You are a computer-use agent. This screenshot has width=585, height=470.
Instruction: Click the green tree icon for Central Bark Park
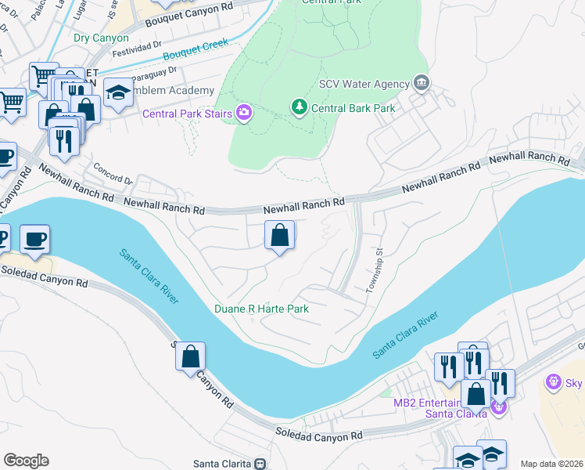pyautogui.click(x=298, y=107)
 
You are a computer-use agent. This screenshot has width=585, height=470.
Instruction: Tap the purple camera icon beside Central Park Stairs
pyautogui.click(x=244, y=114)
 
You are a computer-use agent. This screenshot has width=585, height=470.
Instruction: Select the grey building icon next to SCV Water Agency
pyautogui.click(x=422, y=83)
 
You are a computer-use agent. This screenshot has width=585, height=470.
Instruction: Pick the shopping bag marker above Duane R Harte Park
pyautogui.click(x=279, y=235)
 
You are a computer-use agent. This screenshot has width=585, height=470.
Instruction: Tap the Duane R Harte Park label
pyautogui.click(x=262, y=309)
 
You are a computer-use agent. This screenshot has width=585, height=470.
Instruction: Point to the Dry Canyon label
pyautogui.click(x=101, y=38)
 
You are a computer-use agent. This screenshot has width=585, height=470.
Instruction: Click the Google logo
pyautogui.click(x=26, y=461)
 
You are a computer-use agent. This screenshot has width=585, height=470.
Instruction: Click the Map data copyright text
pyautogui.click(x=551, y=464)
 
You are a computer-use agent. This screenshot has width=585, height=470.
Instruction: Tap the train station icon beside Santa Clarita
pyautogui.click(x=260, y=464)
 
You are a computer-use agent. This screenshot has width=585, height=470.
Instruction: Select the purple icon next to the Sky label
pyautogui.click(x=554, y=381)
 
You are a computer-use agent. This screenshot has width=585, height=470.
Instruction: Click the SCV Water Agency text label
pyautogui.click(x=364, y=84)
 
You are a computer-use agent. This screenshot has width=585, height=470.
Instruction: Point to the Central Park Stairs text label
pyautogui.click(x=187, y=114)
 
